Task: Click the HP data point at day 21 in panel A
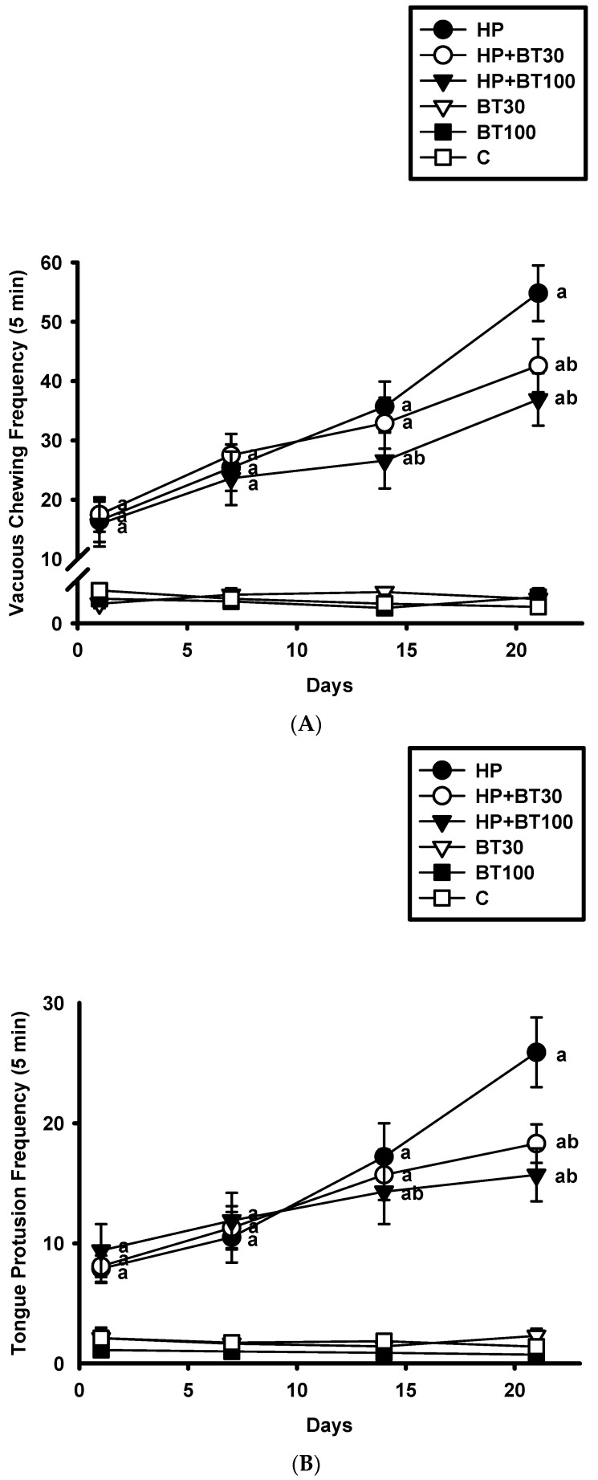pos(538,293)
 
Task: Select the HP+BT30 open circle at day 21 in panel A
pos(538,365)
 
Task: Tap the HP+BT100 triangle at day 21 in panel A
pos(538,399)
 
